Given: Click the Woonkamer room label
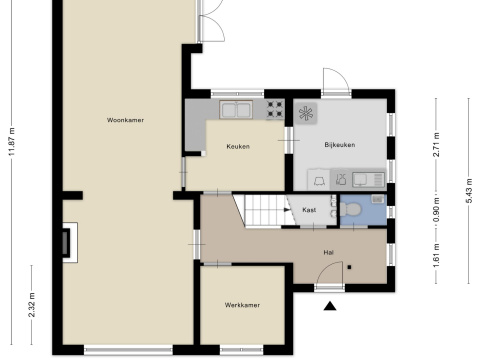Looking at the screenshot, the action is pyautogui.click(x=125, y=120).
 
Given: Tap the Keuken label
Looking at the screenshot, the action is pyautogui.click(x=238, y=146).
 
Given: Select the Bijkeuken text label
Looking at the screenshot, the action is pyautogui.click(x=340, y=145).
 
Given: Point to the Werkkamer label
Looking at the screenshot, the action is pyautogui.click(x=242, y=305).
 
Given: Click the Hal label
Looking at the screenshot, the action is pyautogui.click(x=329, y=252).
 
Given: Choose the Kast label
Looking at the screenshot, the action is pyautogui.click(x=309, y=210).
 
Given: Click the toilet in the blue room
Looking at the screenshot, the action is pyautogui.click(x=350, y=209).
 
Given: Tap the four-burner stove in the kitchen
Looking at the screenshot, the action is pyautogui.click(x=275, y=110).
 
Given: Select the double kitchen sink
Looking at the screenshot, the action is pyautogui.click(x=236, y=110).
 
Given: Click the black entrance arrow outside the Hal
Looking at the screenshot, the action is pyautogui.click(x=330, y=306).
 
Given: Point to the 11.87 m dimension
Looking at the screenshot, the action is pyautogui.click(x=12, y=141).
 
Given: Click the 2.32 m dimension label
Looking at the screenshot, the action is pyautogui.click(x=32, y=305).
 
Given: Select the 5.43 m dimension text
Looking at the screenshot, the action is pyautogui.click(x=469, y=191).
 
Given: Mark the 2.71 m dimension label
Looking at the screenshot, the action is pyautogui.click(x=436, y=144).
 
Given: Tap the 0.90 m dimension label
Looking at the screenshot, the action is pyautogui.click(x=436, y=210).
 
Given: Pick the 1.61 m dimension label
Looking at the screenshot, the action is pyautogui.click(x=436, y=255).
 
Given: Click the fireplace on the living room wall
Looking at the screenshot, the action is pyautogui.click(x=70, y=242).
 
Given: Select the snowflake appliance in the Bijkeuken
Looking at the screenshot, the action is pyautogui.click(x=306, y=113).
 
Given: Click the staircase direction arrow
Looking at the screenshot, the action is pyautogui.click(x=287, y=210).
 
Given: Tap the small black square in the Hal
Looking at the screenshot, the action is pyautogui.click(x=349, y=267).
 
